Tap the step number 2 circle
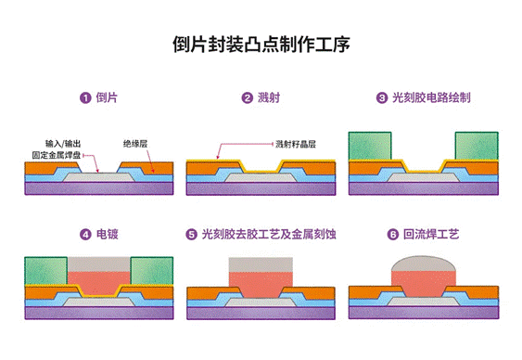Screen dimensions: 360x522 248,97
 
